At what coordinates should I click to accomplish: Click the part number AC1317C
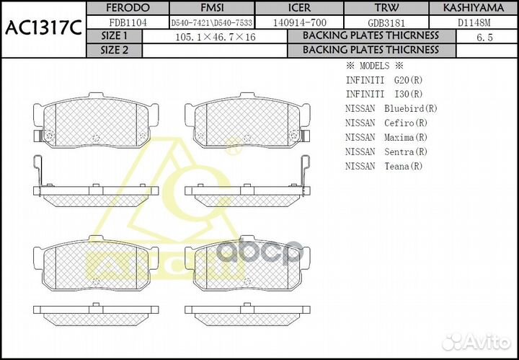click(43, 29)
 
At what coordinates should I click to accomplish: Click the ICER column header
click(300, 7)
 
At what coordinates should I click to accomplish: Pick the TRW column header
click(386, 7)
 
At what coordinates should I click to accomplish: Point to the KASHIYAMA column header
click(474, 7)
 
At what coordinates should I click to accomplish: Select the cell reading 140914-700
click(300, 22)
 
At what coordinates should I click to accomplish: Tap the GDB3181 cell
click(386, 22)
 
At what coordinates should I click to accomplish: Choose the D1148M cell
click(474, 22)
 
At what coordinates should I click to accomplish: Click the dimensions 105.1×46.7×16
click(214, 36)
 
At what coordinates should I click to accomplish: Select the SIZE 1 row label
click(114, 36)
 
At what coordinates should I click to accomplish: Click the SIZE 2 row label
click(114, 50)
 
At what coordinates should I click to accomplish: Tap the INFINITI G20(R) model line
click(384, 79)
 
